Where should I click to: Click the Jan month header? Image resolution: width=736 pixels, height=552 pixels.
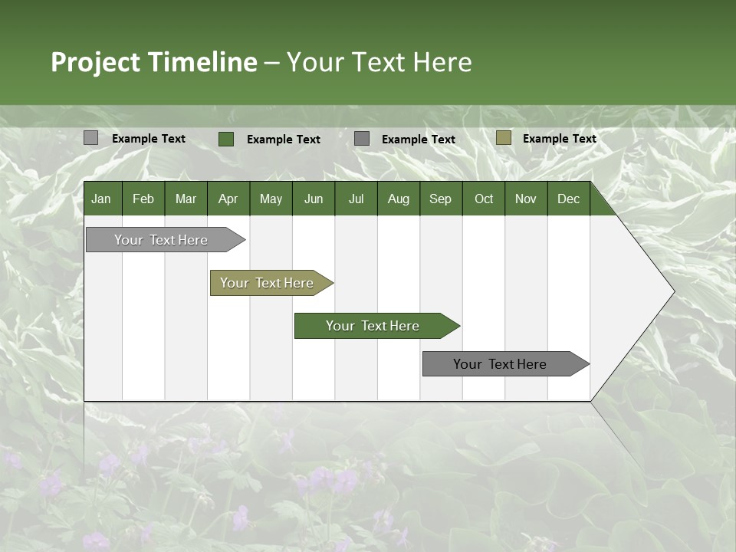pyautogui.click(x=101, y=199)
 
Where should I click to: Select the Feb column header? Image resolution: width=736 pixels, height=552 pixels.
pyautogui.click(x=143, y=199)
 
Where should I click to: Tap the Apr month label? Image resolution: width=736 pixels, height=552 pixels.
pyautogui.click(x=228, y=199)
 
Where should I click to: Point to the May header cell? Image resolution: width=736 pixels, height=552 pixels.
pyautogui.click(x=271, y=199)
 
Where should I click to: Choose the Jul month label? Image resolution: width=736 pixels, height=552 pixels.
pyautogui.click(x=356, y=199)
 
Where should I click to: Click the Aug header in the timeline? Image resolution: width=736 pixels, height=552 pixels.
pyautogui.click(x=398, y=199)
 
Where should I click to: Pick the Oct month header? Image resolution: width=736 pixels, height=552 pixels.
pyautogui.click(x=484, y=199)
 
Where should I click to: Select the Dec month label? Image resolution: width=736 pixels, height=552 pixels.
pyautogui.click(x=568, y=199)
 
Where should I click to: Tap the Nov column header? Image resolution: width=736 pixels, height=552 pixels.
pyautogui.click(x=526, y=199)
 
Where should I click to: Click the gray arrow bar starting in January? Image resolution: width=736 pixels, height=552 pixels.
pyautogui.click(x=162, y=240)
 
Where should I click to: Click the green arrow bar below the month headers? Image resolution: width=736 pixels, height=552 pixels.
pyautogui.click(x=373, y=326)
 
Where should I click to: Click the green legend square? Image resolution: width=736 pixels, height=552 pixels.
pyautogui.click(x=226, y=139)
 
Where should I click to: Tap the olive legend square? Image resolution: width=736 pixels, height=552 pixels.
pyautogui.click(x=503, y=138)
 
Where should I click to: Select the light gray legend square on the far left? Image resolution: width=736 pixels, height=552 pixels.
pyautogui.click(x=91, y=138)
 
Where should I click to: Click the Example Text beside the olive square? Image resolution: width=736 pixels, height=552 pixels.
pyautogui.click(x=559, y=139)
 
